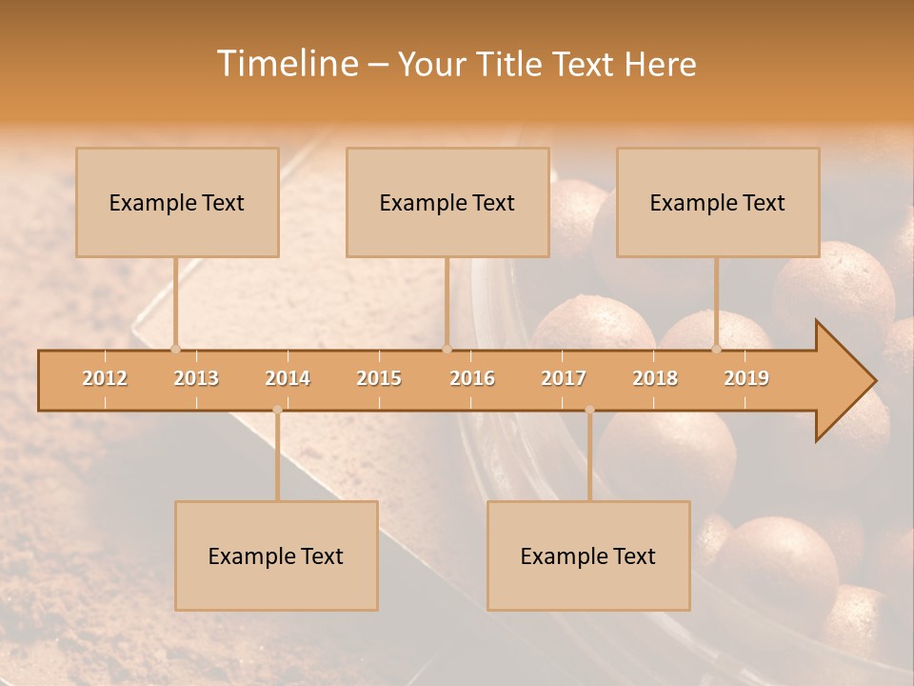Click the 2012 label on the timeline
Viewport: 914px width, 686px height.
105,378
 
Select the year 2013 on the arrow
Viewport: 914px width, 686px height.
196,378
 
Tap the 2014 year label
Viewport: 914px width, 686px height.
288,378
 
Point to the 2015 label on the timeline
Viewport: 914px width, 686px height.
379,378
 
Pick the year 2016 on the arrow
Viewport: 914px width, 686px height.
472,378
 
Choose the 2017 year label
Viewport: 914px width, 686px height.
564,378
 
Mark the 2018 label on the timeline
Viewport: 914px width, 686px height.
655,378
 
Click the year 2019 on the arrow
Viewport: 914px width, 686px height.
746,378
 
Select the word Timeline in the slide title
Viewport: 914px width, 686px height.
287,64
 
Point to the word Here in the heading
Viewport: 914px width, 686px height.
660,64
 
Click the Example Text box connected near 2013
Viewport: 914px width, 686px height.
177,202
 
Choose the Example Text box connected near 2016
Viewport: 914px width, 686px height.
447,202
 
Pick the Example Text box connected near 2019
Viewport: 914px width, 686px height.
718,202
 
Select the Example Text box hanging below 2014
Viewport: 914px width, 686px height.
276,555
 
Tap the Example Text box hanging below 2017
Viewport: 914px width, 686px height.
588,555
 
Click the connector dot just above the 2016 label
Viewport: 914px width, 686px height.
447,349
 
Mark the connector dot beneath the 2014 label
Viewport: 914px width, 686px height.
277,410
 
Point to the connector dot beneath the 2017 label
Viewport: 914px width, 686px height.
589,410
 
